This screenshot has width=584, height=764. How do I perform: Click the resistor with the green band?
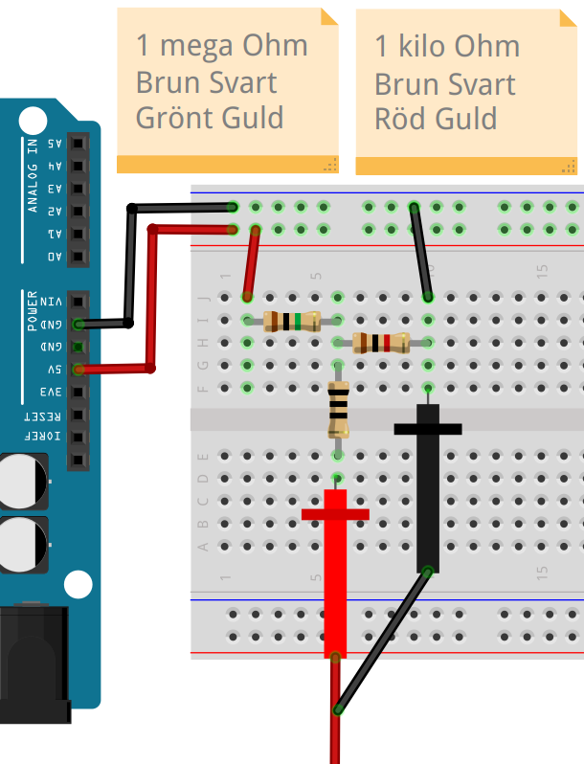[291, 322]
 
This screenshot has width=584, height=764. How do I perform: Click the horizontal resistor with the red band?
[380, 343]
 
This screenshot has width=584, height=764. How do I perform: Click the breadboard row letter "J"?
[203, 298]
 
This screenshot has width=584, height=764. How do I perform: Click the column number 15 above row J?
[541, 271]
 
